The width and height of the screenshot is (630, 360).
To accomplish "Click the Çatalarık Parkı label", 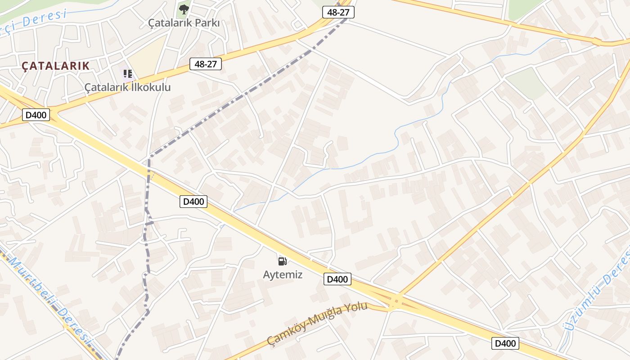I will (x=184, y=22).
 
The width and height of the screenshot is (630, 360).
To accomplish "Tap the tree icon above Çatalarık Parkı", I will (x=184, y=9).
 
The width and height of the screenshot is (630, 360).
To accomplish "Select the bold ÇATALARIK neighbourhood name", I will (x=56, y=66).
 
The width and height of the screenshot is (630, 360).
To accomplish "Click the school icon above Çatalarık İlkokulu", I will (x=128, y=73).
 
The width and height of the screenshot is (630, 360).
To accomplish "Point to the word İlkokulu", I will (x=151, y=87).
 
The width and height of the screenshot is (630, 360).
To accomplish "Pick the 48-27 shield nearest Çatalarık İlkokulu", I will (x=206, y=64).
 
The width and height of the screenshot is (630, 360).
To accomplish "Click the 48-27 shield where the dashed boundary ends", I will (x=338, y=12).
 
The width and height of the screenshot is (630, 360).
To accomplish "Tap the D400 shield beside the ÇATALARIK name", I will (x=36, y=115).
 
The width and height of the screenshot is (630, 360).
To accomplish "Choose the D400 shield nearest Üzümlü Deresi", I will (x=505, y=343).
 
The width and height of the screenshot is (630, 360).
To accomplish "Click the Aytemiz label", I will (x=283, y=274).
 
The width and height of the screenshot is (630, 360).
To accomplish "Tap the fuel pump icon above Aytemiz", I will (x=283, y=261).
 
